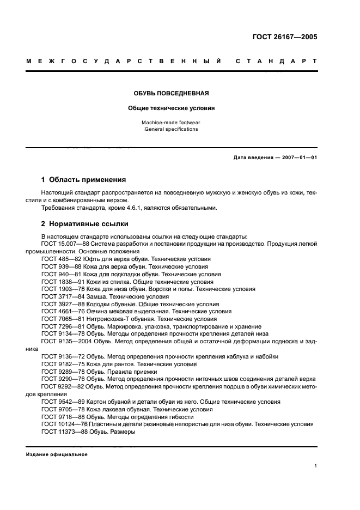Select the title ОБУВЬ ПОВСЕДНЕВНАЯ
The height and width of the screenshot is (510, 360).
click(x=172, y=94)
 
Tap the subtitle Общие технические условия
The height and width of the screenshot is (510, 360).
click(x=172, y=108)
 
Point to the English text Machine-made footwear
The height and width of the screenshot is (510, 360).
click(x=172, y=123)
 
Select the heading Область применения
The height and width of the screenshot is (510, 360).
click(x=88, y=179)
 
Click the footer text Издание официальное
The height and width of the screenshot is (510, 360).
click(x=56, y=454)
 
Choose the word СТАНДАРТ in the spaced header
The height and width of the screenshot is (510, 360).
click(x=276, y=61)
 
